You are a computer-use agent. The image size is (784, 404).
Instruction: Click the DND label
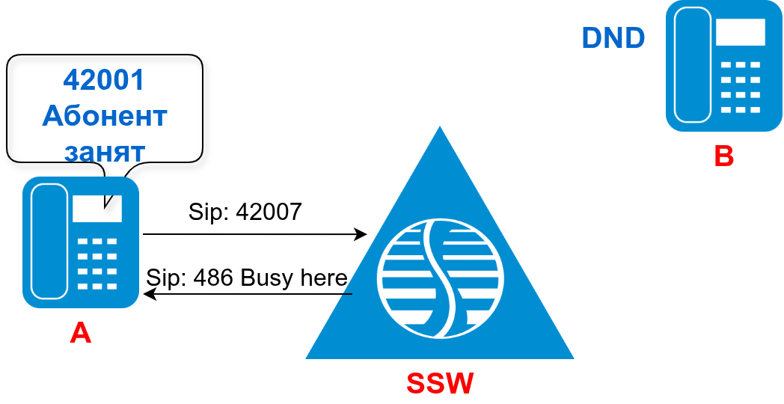(613, 38)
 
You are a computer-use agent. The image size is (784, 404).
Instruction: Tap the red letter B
(723, 156)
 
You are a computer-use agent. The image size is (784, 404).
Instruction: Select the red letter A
(80, 333)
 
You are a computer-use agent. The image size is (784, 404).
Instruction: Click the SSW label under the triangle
(440, 383)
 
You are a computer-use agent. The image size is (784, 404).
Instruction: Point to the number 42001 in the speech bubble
(104, 80)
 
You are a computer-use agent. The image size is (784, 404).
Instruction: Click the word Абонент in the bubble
(105, 116)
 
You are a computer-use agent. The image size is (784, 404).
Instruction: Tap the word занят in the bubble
(105, 151)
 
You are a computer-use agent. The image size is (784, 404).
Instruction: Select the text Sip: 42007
(245, 212)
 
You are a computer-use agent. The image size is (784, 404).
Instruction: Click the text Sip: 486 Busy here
(246, 278)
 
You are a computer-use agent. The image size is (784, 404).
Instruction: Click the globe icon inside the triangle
(440, 278)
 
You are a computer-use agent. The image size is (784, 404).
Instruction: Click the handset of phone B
(693, 65)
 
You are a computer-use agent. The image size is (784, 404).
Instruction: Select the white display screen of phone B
(740, 32)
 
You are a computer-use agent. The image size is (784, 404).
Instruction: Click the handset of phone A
(49, 241)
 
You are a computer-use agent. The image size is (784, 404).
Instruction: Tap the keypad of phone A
(97, 263)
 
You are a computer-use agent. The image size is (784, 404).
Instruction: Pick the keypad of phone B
(740, 87)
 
